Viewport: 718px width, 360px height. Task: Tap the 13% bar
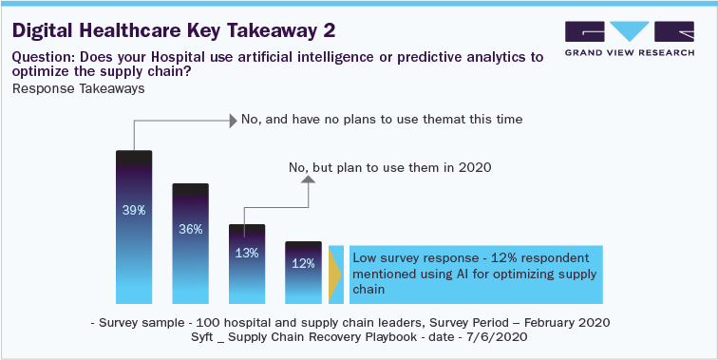tap(246, 266)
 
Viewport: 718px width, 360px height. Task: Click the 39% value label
tap(134, 210)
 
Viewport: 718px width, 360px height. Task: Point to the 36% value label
tap(190, 229)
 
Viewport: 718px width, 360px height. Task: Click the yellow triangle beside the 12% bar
tap(333, 274)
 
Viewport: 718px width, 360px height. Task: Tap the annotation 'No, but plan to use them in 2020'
tap(389, 168)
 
